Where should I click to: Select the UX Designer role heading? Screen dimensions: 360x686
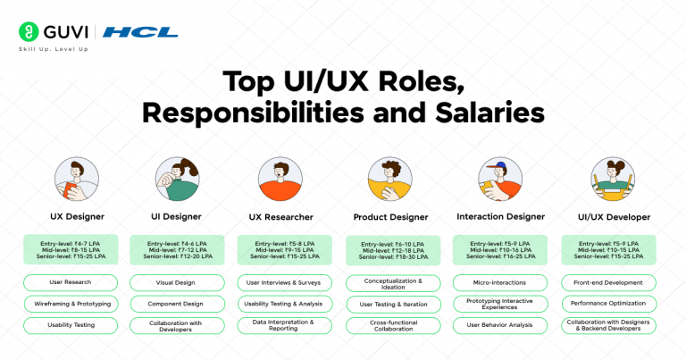(77, 216)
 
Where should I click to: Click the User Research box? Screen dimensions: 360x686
(71, 282)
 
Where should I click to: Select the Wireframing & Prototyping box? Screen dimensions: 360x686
(71, 304)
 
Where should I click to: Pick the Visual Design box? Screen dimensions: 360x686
(177, 282)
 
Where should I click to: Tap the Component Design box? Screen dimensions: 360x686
(177, 304)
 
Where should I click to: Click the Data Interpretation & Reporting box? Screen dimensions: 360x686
(283, 326)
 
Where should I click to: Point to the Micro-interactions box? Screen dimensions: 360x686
(501, 282)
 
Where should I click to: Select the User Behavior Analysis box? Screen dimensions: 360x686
(501, 326)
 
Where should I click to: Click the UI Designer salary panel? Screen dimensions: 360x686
(177, 249)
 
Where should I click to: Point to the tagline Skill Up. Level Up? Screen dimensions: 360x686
(54, 49)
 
